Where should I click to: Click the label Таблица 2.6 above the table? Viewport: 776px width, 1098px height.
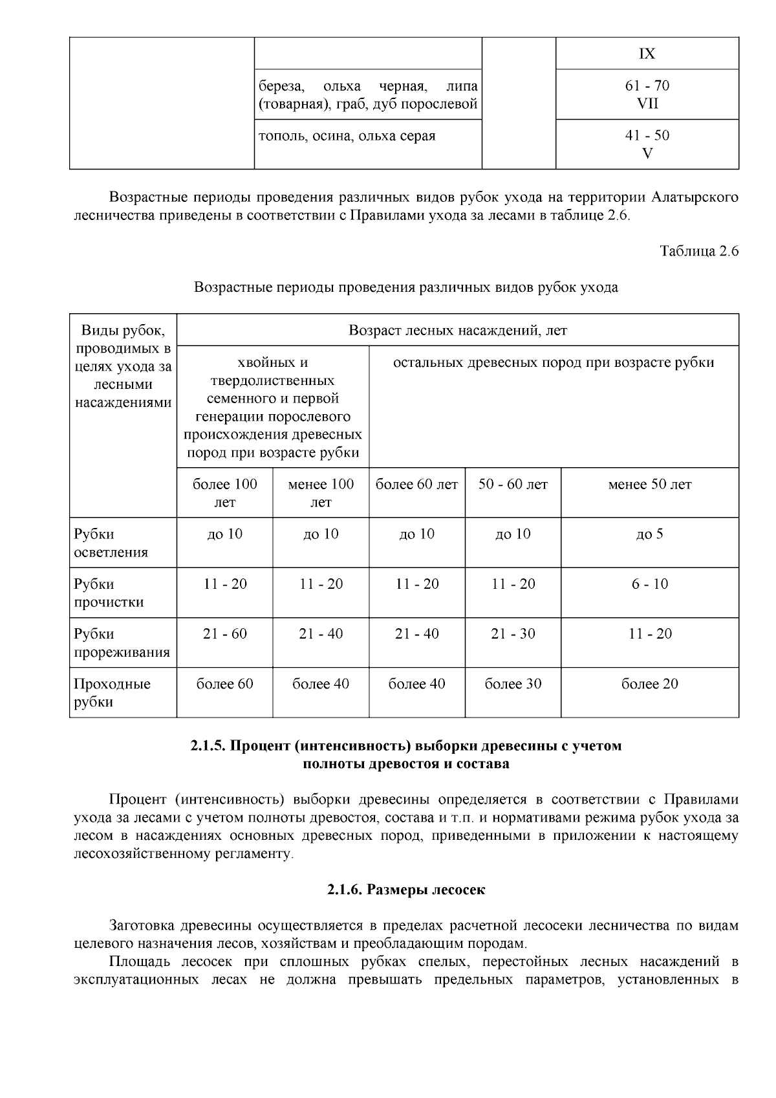click(x=699, y=252)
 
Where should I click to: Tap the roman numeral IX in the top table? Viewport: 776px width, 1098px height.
click(x=647, y=54)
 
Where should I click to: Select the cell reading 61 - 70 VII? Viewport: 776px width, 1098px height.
click(x=647, y=94)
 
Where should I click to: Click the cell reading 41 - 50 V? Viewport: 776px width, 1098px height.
click(x=647, y=144)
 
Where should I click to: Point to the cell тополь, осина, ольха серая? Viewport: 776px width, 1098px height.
click(x=347, y=137)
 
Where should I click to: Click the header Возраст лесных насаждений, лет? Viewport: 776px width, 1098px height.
click(x=457, y=331)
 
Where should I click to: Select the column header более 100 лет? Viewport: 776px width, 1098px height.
click(x=224, y=493)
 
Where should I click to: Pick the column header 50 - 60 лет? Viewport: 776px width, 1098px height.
click(x=513, y=485)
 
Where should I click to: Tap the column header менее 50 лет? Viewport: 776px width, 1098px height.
click(x=649, y=485)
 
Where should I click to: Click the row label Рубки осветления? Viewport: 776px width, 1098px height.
click(x=111, y=543)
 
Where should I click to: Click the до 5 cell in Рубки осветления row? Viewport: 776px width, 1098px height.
click(x=649, y=534)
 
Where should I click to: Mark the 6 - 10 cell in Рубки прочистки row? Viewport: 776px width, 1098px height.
click(x=649, y=584)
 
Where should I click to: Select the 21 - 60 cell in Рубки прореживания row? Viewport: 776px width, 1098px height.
click(x=224, y=634)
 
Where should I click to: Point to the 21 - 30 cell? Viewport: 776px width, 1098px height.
click(x=513, y=634)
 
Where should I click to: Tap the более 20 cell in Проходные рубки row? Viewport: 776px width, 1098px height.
click(x=649, y=684)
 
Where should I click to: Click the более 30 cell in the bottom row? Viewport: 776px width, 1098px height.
click(x=513, y=684)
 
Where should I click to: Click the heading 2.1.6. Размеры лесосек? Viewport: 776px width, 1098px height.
click(x=405, y=890)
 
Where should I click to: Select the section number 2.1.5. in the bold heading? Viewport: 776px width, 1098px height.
click(x=208, y=746)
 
